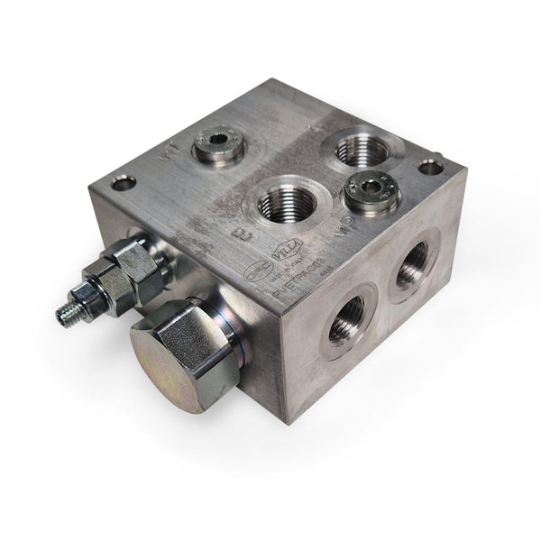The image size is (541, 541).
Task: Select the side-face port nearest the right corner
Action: coord(411,267)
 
